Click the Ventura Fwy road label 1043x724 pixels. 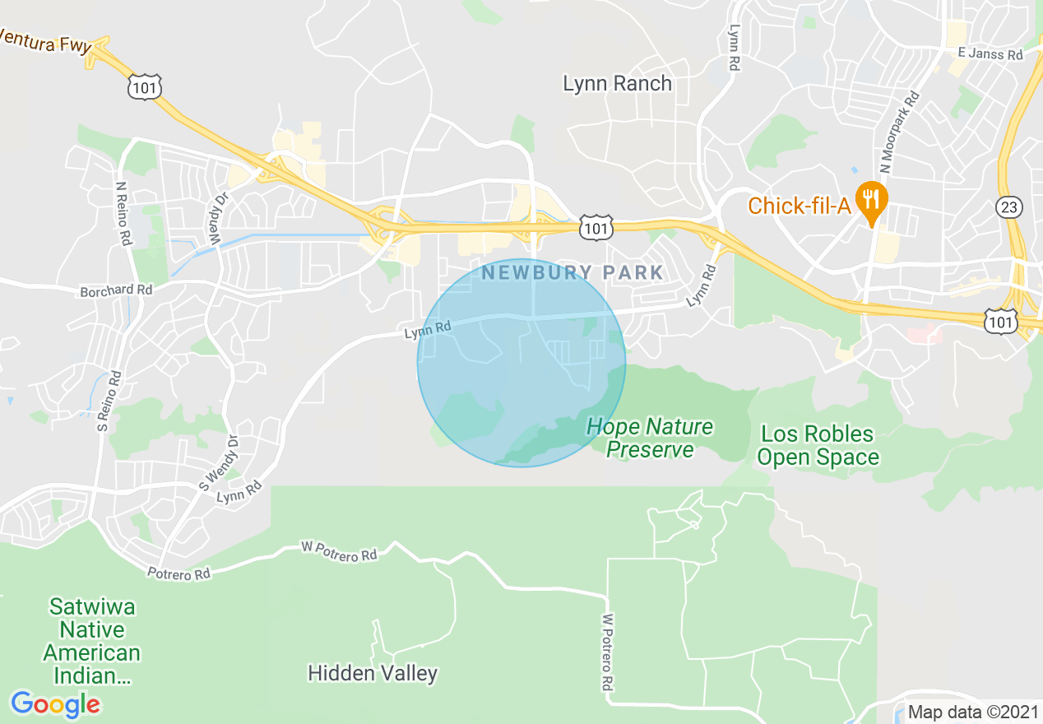click(x=45, y=40)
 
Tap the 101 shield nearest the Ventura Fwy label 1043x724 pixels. click(x=145, y=86)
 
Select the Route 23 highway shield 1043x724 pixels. click(x=1008, y=207)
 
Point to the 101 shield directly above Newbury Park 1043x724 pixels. click(x=595, y=227)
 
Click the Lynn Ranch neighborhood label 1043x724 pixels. click(x=617, y=83)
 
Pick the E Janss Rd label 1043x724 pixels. click(x=990, y=53)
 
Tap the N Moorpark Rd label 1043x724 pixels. click(x=898, y=132)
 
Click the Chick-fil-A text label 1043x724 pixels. click(x=798, y=205)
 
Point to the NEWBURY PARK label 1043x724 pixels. click(x=572, y=272)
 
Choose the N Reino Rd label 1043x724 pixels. click(x=123, y=214)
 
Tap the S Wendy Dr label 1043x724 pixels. click(x=218, y=463)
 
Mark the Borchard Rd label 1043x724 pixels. click(x=116, y=291)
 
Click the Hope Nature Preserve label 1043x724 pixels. click(x=650, y=438)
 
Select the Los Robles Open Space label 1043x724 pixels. click(x=818, y=445)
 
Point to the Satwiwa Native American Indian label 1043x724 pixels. click(x=91, y=642)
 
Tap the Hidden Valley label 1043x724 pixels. click(x=372, y=673)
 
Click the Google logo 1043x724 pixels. click(x=55, y=704)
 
